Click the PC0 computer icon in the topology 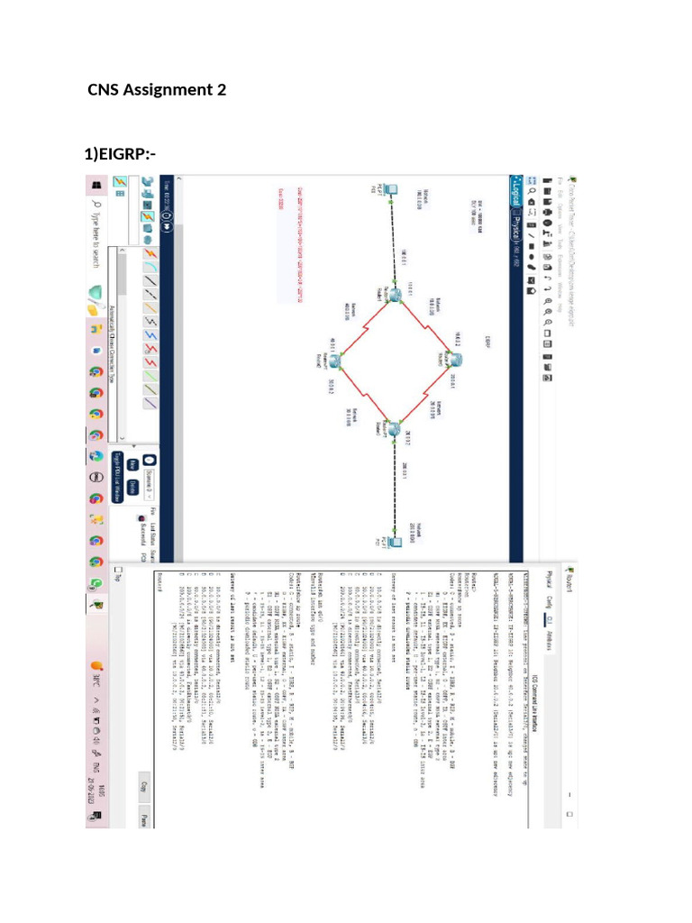tap(381, 190)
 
